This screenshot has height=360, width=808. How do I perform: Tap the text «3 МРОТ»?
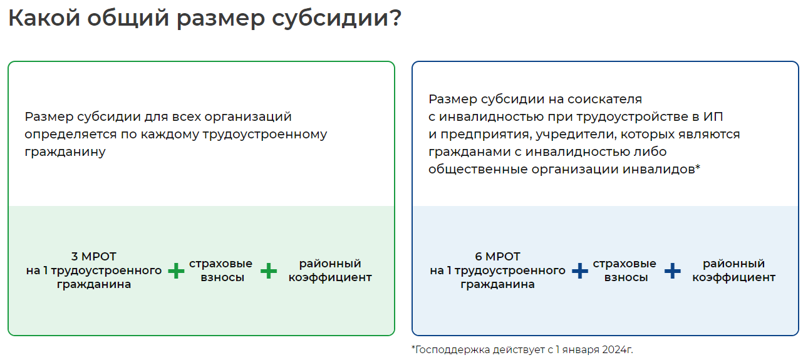94,257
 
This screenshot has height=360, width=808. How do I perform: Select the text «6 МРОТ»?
497,257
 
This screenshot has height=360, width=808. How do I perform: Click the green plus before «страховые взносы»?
176,271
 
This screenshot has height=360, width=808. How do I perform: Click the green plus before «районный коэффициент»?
269,271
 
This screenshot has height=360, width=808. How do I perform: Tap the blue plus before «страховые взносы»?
580,271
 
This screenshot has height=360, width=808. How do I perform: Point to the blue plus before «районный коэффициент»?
672,271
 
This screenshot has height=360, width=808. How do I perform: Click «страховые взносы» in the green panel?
220,270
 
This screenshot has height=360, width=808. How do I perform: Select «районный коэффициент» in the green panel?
330,270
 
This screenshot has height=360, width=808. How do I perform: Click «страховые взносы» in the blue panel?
624,270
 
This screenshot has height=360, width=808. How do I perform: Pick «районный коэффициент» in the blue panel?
733,270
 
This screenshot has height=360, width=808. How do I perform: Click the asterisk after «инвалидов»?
698,167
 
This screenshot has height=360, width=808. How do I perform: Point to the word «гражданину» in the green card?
65,152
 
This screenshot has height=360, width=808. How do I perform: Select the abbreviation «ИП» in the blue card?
713,116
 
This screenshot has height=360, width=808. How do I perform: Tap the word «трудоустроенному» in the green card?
265,135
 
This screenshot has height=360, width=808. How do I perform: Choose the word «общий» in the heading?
128,19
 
